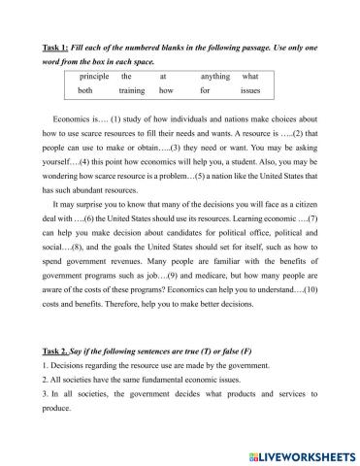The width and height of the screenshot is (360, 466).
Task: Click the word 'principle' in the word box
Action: pyautogui.click(x=95, y=75)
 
